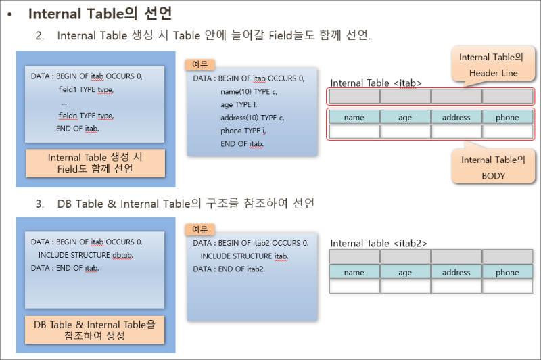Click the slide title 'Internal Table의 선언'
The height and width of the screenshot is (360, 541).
(99, 14)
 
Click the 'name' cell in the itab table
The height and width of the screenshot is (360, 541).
(354, 117)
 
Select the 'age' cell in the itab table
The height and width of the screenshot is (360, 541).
(405, 117)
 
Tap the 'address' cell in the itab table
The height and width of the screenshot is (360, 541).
(456, 117)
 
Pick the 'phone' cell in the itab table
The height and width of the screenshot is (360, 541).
(507, 117)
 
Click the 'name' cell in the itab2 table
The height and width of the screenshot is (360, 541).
(354, 273)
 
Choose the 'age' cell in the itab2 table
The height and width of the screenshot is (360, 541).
(405, 273)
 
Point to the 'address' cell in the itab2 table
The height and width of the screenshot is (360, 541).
(456, 273)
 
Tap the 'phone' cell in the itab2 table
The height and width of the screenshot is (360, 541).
(507, 273)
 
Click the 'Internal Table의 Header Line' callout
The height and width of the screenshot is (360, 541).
(491, 64)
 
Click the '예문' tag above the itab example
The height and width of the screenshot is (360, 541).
(199, 64)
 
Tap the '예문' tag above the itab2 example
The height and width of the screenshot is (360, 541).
(199, 229)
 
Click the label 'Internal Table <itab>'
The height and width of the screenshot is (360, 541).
(376, 83)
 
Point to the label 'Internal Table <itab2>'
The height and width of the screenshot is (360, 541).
(379, 243)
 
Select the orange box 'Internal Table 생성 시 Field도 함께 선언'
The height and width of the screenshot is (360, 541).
(95, 162)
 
